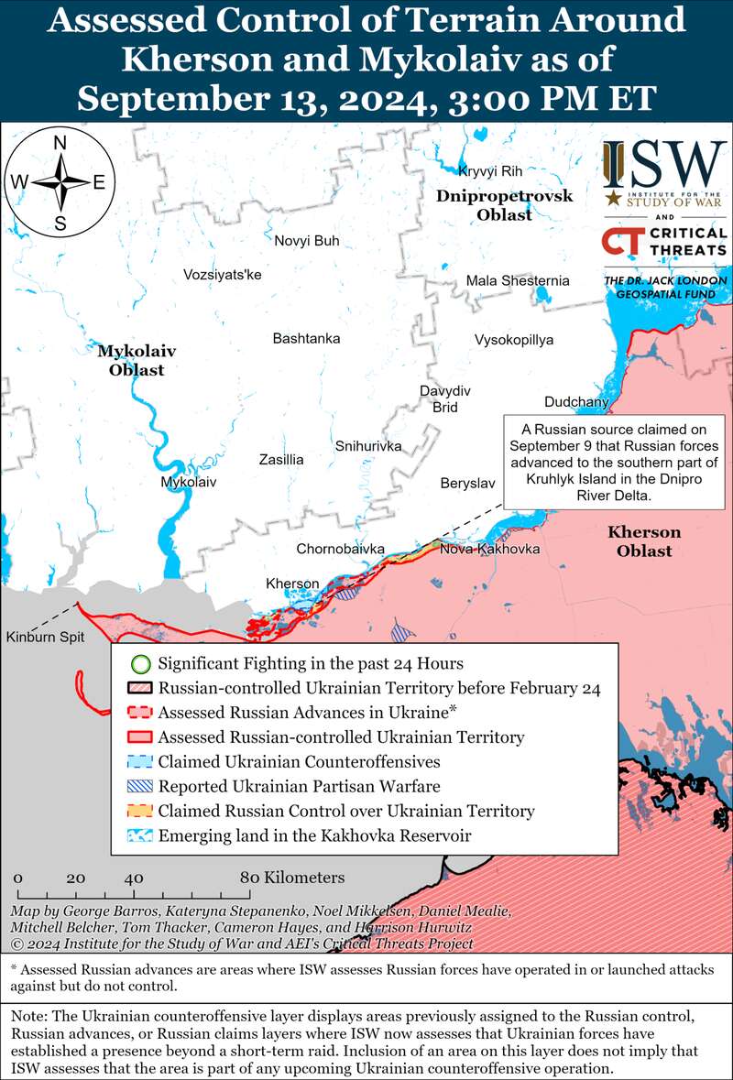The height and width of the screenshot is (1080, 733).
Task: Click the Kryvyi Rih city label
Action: coord(489,171)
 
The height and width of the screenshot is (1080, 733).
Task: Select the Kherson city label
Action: coord(292,584)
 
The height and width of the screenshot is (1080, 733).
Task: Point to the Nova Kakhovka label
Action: coord(489,549)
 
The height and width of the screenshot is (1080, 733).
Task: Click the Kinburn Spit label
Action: coord(39,637)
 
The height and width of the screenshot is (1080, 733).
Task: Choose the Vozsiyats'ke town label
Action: coord(223,274)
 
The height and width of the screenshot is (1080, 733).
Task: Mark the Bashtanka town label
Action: coord(306,338)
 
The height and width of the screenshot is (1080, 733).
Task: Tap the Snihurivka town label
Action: coord(368,446)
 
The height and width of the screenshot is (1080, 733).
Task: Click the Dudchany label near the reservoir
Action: coord(575,401)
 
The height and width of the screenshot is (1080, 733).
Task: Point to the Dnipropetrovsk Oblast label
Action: coord(504,205)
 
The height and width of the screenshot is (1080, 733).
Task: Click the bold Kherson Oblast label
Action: coord(644,541)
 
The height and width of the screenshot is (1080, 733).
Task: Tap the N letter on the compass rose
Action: coord(60,143)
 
